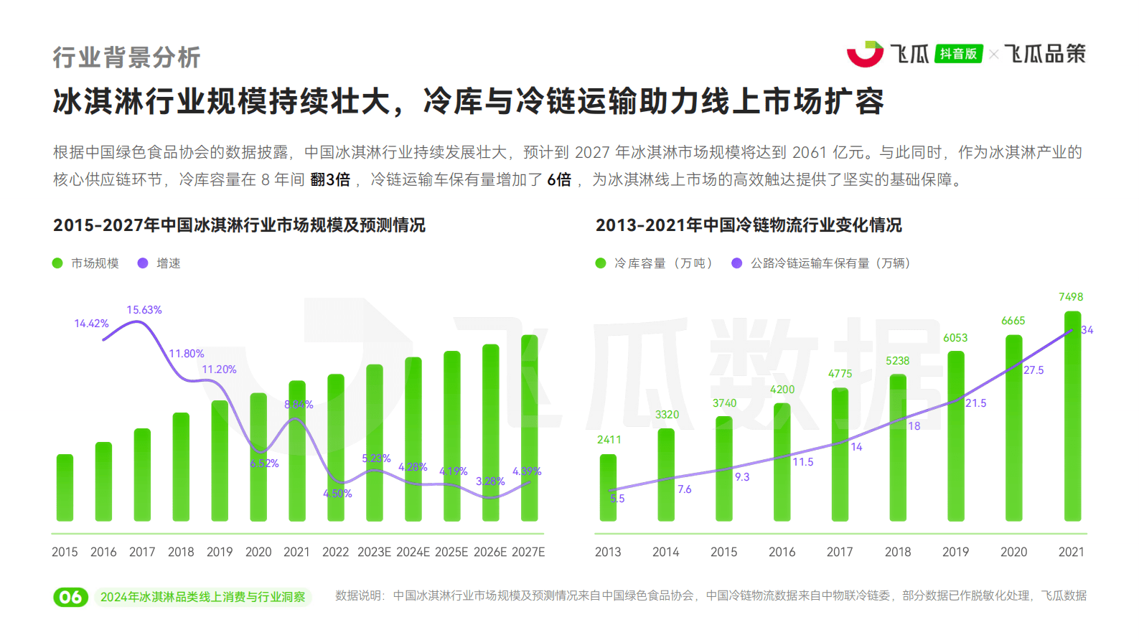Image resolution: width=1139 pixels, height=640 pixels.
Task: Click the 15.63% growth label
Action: tap(144, 310)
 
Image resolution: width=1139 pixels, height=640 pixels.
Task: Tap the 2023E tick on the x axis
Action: tap(374, 552)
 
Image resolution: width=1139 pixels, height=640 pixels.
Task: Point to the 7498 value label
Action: tap(1071, 297)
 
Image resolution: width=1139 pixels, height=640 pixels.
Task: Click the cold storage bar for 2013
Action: tap(608, 488)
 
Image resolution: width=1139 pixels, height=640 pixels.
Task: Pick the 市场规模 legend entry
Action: tap(86, 263)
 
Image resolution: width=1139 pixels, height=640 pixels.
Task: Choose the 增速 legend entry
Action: tap(159, 263)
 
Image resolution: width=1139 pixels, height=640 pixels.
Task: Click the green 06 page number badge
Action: tap(70, 597)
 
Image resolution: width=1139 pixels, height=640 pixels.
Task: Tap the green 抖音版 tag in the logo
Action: tap(959, 54)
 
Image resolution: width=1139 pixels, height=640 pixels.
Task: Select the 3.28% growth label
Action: tap(490, 481)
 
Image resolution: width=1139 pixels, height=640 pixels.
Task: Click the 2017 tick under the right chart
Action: tap(840, 552)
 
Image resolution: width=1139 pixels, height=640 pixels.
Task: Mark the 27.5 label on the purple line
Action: tap(1033, 370)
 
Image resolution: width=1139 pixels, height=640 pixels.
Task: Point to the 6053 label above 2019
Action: tap(955, 338)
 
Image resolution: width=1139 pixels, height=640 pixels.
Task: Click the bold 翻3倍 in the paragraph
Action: tap(330, 180)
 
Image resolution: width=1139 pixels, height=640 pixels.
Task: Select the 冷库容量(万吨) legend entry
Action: tap(655, 263)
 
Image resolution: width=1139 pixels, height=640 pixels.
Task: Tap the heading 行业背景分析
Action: tap(126, 57)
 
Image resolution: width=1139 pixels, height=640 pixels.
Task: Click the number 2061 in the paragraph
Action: tap(810, 153)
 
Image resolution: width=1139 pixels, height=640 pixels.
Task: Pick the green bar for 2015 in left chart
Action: tap(65, 488)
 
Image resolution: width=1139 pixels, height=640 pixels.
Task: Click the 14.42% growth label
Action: tap(91, 324)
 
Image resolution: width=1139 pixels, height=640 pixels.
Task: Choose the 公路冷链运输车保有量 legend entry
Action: tap(822, 263)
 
